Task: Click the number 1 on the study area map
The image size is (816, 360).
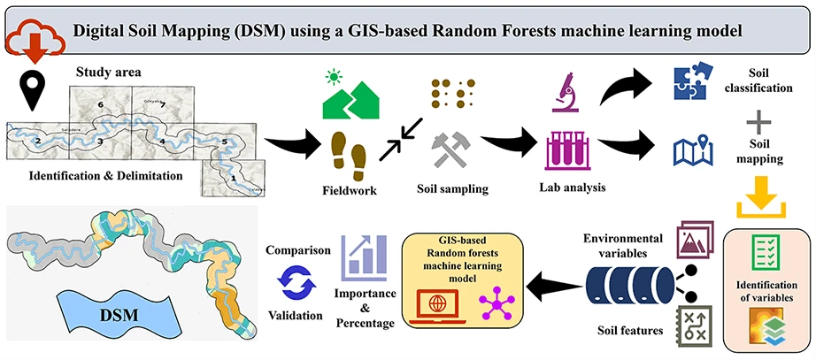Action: point(234,178)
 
